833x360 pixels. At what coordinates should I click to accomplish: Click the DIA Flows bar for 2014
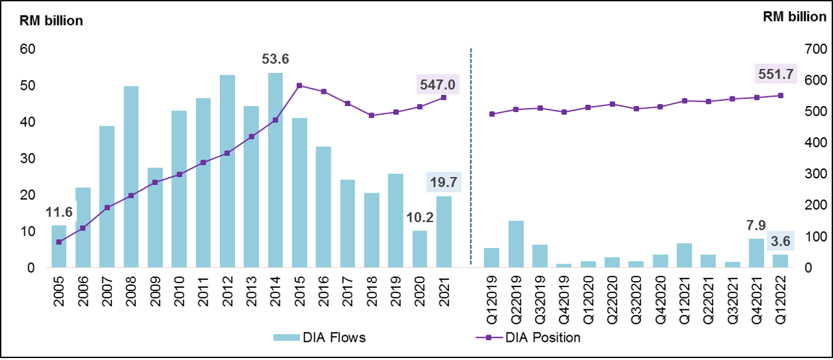pos(275,171)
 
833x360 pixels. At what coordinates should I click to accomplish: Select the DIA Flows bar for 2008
pos(131,177)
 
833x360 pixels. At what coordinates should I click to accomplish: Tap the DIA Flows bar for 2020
pos(420,249)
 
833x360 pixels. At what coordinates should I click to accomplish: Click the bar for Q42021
pos(757,253)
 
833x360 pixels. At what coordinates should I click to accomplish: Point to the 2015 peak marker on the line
pos(299,85)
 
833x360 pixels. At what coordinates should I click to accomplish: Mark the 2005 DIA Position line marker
pos(59,242)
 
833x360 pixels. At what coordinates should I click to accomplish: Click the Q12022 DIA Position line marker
pos(781,96)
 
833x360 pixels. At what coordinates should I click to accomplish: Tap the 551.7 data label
pos(775,74)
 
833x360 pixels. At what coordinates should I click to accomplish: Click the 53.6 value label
pos(275,60)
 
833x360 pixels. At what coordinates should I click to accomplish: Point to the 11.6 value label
pos(59,212)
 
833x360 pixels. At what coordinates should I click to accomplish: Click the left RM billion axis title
pos(50,21)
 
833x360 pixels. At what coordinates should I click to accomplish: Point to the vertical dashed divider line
pos(471,156)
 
